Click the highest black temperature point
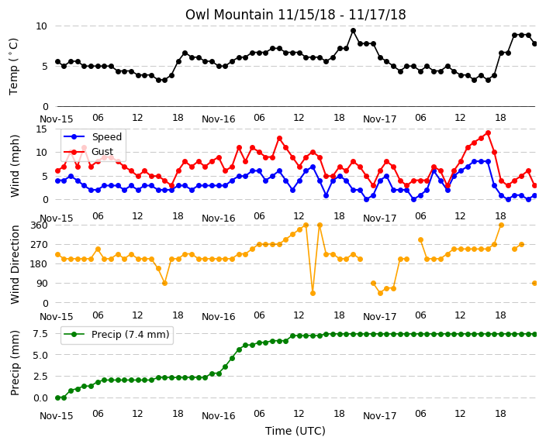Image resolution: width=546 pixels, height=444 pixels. click(x=353, y=31)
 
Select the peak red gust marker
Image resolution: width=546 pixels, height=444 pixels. click(x=488, y=133)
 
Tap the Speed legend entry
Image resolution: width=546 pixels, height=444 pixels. click(x=93, y=136)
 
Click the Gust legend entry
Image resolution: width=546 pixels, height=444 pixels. click(x=88, y=152)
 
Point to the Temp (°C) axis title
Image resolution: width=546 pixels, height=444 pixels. click(x=14, y=67)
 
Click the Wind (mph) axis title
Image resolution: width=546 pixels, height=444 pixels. click(x=15, y=166)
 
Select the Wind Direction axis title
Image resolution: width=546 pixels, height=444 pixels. click(x=15, y=264)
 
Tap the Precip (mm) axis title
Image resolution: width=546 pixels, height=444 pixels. click(x=15, y=363)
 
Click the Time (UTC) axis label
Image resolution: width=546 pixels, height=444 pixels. click(x=295, y=431)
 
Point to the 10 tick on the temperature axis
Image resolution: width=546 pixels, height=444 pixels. click(x=41, y=26)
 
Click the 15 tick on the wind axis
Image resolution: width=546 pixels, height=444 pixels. click(x=41, y=129)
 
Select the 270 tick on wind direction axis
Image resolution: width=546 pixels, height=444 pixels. click(x=40, y=245)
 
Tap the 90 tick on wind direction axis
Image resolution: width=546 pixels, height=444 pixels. click(x=42, y=284)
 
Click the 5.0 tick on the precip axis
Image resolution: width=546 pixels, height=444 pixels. click(x=40, y=355)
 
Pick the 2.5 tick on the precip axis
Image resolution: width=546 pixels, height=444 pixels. click(x=40, y=377)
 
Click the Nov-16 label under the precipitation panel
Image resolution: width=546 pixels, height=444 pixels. click(x=219, y=416)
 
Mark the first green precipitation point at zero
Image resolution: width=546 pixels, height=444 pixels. click(x=58, y=398)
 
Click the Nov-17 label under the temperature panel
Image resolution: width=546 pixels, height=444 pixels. click(x=379, y=119)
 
